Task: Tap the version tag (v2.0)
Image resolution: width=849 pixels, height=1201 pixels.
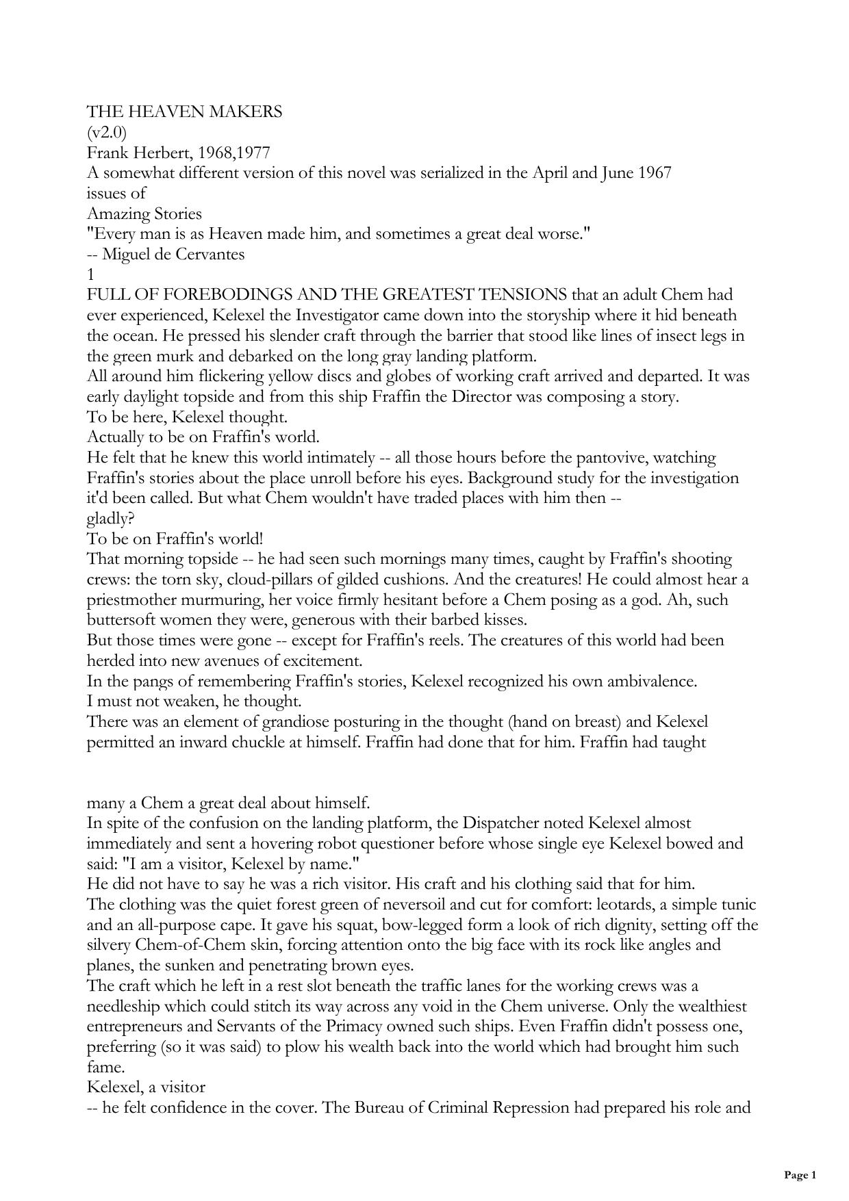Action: pyautogui.click(x=107, y=132)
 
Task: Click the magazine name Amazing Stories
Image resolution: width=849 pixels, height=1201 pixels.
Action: pyautogui.click(x=144, y=214)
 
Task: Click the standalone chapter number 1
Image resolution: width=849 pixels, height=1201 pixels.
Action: pyautogui.click(x=90, y=274)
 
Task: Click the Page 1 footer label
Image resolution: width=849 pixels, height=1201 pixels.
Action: pyautogui.click(x=800, y=1175)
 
